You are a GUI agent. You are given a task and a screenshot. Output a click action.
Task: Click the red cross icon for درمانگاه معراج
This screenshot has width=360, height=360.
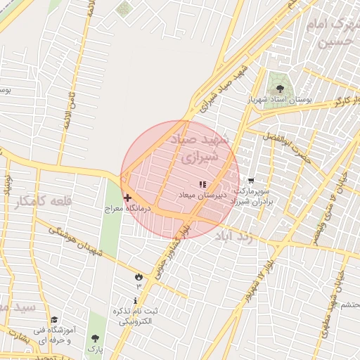point(127,198)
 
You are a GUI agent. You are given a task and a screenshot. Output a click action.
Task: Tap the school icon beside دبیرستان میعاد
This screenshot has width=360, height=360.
point(203,184)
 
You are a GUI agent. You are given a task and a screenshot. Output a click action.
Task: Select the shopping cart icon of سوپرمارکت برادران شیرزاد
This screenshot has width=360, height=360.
point(251,181)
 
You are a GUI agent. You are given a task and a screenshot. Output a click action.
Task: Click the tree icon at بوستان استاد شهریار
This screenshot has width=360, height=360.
point(281,89)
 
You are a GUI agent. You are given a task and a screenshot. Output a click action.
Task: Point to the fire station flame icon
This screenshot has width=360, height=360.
point(139,277)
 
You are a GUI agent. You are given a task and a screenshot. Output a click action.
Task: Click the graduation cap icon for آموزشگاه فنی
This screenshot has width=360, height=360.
point(55,320)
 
